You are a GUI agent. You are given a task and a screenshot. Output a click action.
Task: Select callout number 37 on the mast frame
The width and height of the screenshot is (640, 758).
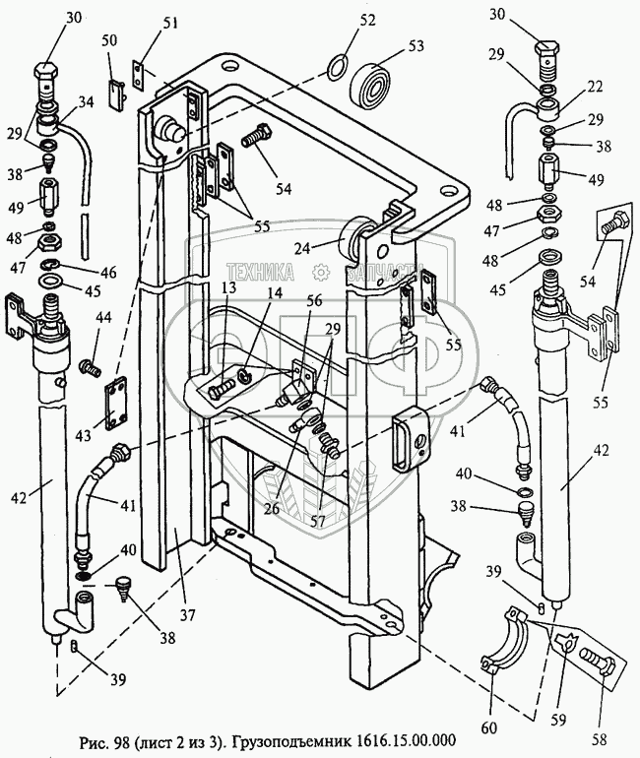tap(187, 615)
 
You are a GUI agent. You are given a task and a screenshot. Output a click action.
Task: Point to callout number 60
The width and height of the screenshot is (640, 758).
tap(489, 726)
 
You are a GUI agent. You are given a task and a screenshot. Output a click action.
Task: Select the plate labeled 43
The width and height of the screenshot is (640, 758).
tap(115, 404)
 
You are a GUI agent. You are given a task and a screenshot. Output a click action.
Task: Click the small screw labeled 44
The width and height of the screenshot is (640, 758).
tap(92, 367)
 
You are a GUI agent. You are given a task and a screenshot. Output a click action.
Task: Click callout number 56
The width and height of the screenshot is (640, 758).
tap(314, 300)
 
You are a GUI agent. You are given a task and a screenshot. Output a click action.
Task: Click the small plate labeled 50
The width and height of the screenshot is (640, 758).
tap(116, 94)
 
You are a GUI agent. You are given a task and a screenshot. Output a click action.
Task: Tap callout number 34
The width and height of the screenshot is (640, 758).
tap(86, 102)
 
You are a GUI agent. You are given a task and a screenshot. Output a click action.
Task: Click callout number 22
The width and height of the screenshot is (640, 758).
tap(595, 87)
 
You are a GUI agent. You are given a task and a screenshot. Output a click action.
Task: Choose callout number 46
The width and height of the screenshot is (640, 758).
tap(108, 272)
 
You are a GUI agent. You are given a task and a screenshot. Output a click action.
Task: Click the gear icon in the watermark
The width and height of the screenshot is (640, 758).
tap(320, 272)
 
